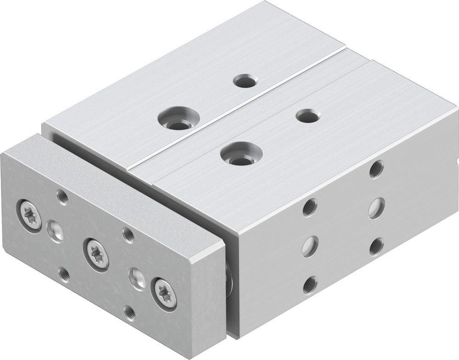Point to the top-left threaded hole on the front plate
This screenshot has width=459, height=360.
(62, 196)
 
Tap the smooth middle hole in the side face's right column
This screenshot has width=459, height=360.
(377, 207)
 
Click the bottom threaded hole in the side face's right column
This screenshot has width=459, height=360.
(377, 247)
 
